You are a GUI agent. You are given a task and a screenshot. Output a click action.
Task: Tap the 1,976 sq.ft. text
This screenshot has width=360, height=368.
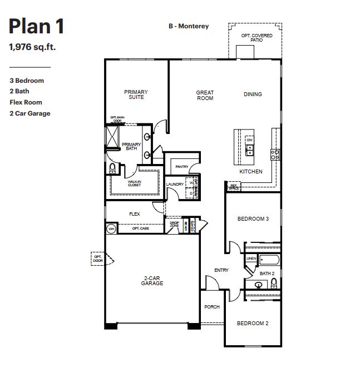[32, 47]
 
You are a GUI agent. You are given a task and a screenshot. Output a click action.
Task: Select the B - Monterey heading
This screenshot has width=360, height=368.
[189, 26]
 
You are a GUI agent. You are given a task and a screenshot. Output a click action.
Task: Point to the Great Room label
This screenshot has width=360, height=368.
[205, 96]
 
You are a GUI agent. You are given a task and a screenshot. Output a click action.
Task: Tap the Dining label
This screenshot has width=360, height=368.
[253, 95]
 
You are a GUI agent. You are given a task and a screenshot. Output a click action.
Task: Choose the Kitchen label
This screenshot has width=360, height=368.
[250, 172]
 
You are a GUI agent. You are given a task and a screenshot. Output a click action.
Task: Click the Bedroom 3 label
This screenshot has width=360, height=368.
[253, 219]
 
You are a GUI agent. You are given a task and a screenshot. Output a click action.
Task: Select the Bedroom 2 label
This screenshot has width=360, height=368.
[253, 324]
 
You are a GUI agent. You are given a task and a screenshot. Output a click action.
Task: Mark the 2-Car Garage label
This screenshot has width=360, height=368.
[152, 281]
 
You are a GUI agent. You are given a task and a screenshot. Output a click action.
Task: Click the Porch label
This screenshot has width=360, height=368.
[212, 307]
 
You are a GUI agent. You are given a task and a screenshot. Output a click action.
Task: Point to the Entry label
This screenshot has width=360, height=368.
[221, 271]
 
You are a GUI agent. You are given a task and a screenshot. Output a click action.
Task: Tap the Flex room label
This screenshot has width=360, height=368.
[134, 214]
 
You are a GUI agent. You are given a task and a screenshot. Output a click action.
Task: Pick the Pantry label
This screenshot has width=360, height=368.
[181, 166]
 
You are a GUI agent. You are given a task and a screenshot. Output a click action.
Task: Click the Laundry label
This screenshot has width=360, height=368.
[175, 184]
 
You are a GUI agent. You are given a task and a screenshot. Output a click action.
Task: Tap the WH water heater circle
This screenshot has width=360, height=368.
[111, 228]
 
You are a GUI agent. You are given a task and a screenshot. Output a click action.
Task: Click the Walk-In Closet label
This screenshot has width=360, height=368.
[134, 183]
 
